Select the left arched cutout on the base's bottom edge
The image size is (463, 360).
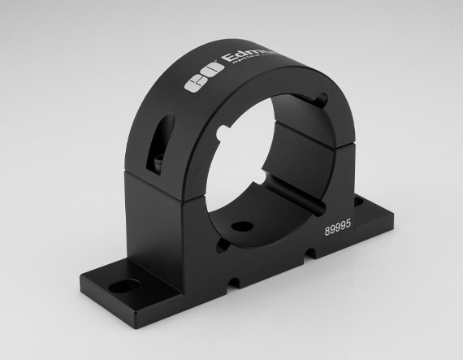(x=235, y=284)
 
